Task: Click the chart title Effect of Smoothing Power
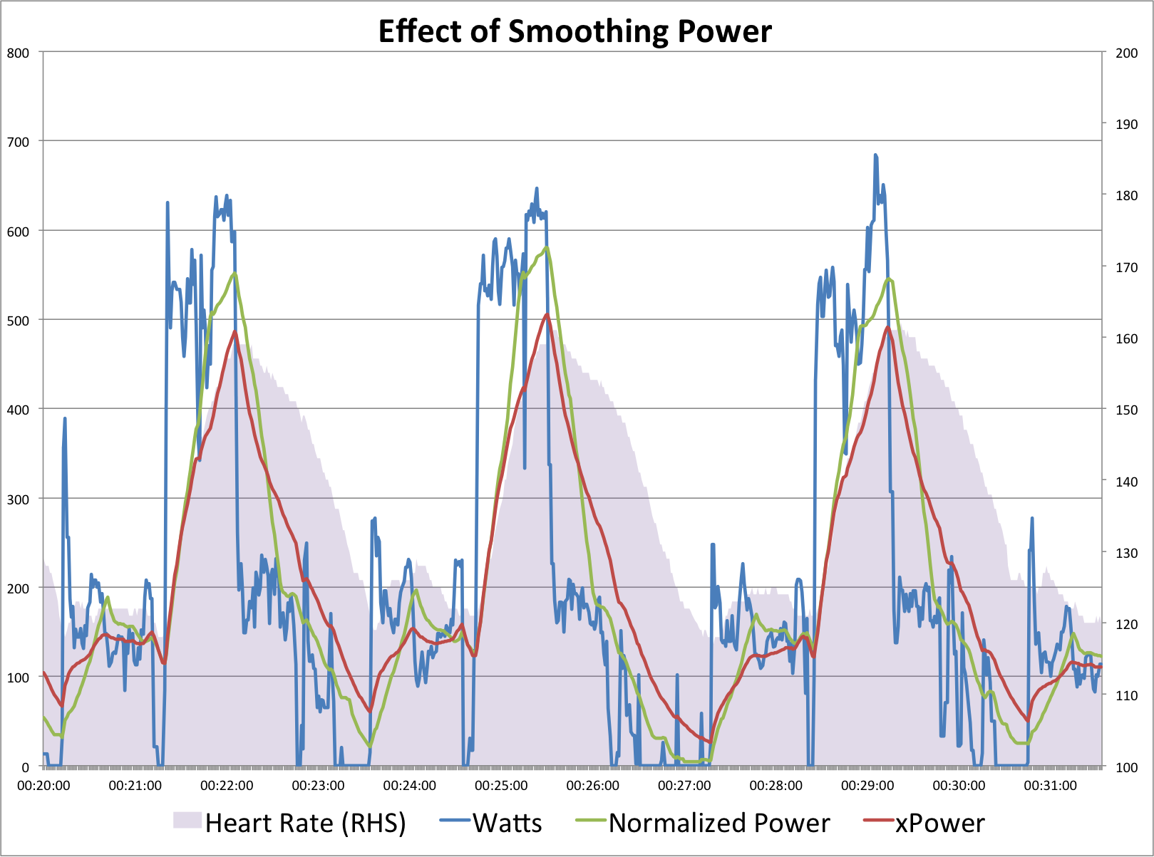575,31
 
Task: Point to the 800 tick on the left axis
19,53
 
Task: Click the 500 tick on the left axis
19,321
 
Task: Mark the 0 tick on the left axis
26,767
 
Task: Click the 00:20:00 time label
43,786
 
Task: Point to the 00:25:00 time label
501,786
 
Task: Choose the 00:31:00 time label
1050,786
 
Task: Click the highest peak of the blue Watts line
875,155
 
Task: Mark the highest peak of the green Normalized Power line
547,248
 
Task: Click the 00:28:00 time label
776,786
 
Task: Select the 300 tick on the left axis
19,499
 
